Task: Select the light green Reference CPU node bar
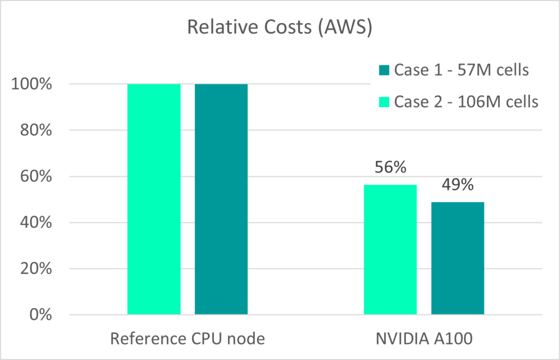[x=154, y=199]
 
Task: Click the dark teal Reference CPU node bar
[x=221, y=199]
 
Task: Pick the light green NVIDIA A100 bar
[x=390, y=249]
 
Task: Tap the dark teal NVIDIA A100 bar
[x=458, y=258]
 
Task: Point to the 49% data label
[x=458, y=185]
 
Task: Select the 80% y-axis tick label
[x=41, y=131]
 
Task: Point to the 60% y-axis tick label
[x=41, y=177]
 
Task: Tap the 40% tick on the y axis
[x=41, y=223]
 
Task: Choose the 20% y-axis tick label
[x=41, y=269]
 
